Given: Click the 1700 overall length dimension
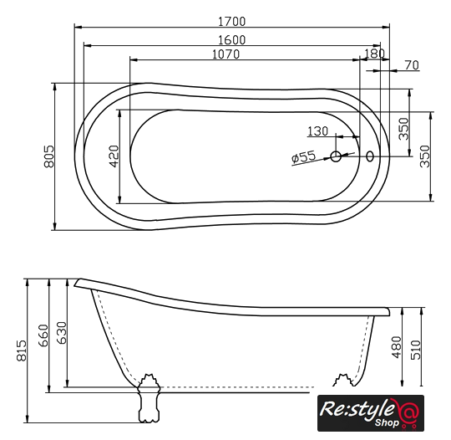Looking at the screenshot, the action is [232, 22].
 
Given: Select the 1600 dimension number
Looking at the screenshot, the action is [232, 40].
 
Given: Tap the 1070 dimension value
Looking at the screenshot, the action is [225, 54].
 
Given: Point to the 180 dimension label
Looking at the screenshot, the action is [374, 54].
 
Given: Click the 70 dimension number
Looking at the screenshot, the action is [412, 65].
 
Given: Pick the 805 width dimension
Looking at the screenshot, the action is [49, 156].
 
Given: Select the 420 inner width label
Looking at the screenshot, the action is [114, 156].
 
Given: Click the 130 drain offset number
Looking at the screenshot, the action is [317, 131].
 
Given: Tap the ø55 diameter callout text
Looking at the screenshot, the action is [303, 157].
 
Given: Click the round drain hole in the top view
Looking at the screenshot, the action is [336, 156].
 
